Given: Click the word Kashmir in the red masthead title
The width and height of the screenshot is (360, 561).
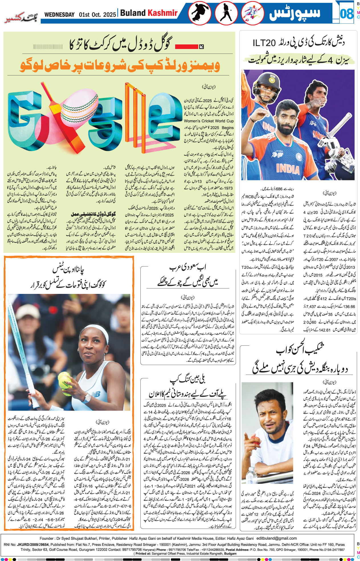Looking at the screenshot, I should pyautogui.click(x=163, y=13).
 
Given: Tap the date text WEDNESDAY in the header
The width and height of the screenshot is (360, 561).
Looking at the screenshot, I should pyautogui.click(x=59, y=15).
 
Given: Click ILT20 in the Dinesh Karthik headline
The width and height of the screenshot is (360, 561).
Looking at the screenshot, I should pyautogui.click(x=264, y=43).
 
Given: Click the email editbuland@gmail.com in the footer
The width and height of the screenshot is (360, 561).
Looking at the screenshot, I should pyautogui.click(x=277, y=538).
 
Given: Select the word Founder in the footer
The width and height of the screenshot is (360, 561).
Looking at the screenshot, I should pyautogui.click(x=46, y=539).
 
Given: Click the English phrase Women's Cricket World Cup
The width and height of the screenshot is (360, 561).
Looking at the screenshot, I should pyautogui.click(x=208, y=121).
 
